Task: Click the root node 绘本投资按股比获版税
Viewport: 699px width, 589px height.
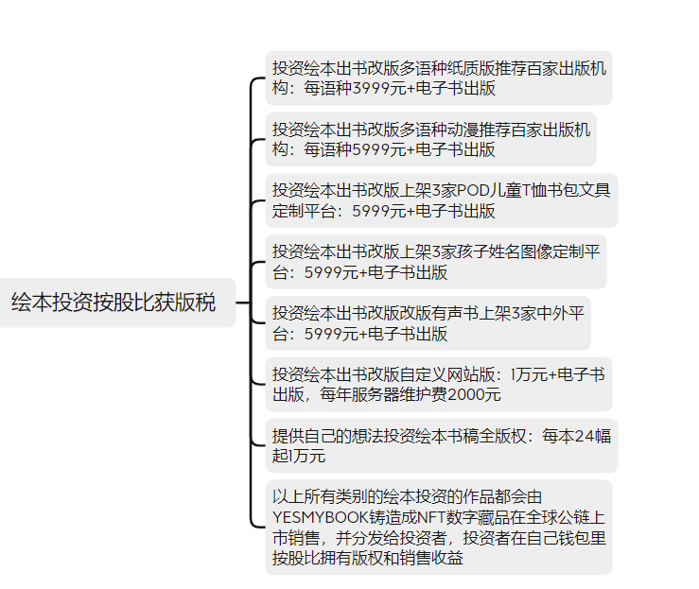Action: tap(114, 303)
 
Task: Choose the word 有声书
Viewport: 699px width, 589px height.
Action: tap(455, 314)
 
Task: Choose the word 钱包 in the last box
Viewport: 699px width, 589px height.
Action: tap(575, 538)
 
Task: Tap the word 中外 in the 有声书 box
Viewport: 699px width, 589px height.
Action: tap(551, 314)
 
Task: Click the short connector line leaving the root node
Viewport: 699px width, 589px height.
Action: tap(243, 303)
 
